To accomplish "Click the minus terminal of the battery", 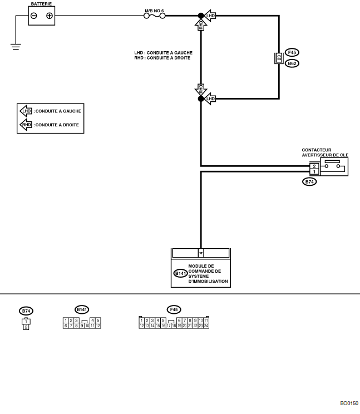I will [34, 16].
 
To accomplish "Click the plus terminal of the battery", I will [49, 16].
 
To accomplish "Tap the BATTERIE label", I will [42, 4].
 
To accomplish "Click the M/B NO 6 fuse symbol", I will [155, 16].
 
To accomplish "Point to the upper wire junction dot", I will [201, 16].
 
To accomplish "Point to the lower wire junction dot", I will [201, 98].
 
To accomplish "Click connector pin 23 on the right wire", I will [279, 57].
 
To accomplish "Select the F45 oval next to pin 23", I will [292, 52].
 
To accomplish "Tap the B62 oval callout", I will [292, 63].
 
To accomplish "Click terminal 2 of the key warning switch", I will [314, 166].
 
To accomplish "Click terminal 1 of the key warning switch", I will [314, 172].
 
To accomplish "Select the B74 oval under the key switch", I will [309, 181].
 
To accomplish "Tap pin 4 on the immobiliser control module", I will [201, 253].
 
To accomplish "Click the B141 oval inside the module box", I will [180, 273].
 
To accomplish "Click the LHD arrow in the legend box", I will [26, 111].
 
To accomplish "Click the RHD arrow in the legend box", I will [26, 125].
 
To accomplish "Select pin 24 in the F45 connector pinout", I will [206, 326].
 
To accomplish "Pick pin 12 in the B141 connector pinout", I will [97, 326].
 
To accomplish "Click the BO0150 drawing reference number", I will [349, 402].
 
